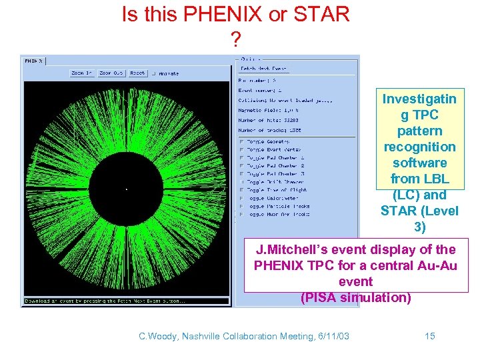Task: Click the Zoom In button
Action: tap(82, 73)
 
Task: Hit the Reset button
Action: tap(137, 73)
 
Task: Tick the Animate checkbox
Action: tap(154, 73)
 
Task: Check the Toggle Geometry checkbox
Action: tap(241, 141)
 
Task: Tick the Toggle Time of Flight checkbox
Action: tap(241, 190)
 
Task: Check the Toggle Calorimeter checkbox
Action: tap(241, 198)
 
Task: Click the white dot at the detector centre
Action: tap(127, 189)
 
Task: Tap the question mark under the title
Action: tap(235, 41)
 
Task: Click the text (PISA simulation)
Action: tap(355, 297)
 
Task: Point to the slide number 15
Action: tap(430, 336)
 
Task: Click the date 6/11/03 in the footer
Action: tap(331, 336)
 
